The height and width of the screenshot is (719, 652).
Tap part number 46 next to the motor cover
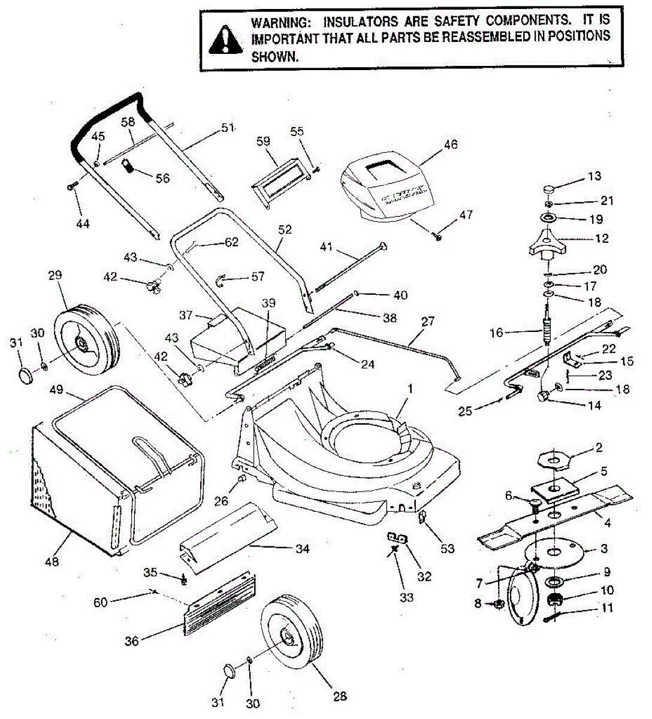(x=451, y=144)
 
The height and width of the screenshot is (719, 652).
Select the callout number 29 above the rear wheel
(x=55, y=276)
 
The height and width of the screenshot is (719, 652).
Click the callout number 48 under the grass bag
(x=52, y=562)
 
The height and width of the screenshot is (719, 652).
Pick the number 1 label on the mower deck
(x=410, y=389)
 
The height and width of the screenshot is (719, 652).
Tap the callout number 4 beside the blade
(x=607, y=523)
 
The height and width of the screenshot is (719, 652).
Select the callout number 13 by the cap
(x=594, y=176)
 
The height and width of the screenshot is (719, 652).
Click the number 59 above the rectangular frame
(x=264, y=142)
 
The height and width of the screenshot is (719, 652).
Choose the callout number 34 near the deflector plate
(x=303, y=548)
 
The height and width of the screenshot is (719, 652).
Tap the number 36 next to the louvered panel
(x=131, y=641)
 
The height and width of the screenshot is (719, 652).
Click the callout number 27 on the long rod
(x=427, y=322)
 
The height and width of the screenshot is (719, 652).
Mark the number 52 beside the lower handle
(x=285, y=229)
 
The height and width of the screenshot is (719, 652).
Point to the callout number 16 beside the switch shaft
(x=497, y=333)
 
